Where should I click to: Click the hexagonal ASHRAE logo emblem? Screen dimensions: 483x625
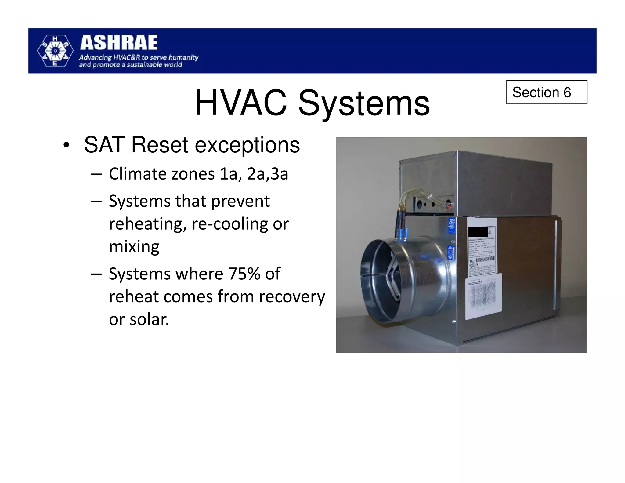coord(55,51)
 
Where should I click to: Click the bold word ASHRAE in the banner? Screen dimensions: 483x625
coord(119,43)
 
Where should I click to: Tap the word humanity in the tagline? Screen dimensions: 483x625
coord(183,57)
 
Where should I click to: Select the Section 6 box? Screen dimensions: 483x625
coord(546,92)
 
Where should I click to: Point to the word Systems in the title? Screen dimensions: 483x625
coord(364,104)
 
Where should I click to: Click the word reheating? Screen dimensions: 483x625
coord(147,224)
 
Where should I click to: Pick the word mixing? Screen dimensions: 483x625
coord(134,247)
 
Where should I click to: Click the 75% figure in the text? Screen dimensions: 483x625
coord(243,274)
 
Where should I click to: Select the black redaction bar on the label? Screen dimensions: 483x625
coord(478,232)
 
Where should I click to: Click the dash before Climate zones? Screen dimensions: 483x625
coord(96,174)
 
